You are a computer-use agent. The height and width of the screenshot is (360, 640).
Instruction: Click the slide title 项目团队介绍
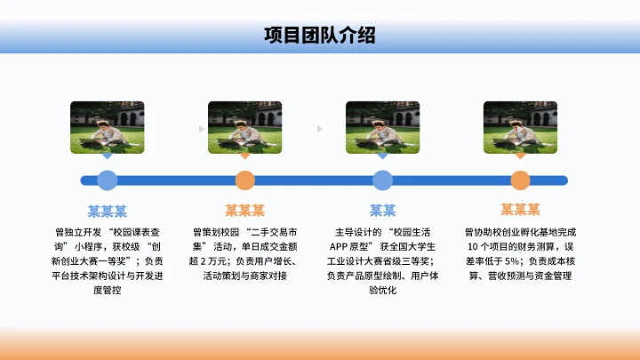(319, 36)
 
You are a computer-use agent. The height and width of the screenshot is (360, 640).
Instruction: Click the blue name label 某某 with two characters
(382, 211)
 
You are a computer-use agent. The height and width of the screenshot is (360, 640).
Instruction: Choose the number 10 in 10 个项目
(471, 246)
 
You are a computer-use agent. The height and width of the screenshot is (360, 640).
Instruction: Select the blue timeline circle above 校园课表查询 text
(107, 180)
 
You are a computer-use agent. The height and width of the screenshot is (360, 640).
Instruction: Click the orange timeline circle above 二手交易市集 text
(244, 180)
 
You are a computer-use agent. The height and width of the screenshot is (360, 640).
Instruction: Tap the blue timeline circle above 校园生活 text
(382, 180)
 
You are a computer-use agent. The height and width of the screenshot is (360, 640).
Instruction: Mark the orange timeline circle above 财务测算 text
(520, 180)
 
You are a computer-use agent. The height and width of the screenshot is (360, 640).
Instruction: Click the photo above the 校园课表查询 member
(107, 124)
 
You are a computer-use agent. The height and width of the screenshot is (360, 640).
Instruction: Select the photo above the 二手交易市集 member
(244, 124)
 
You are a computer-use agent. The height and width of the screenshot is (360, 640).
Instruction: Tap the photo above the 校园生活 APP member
(382, 124)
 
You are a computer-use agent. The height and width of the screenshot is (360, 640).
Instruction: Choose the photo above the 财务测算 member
(520, 124)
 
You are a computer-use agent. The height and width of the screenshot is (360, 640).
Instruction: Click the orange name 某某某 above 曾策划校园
(244, 211)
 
